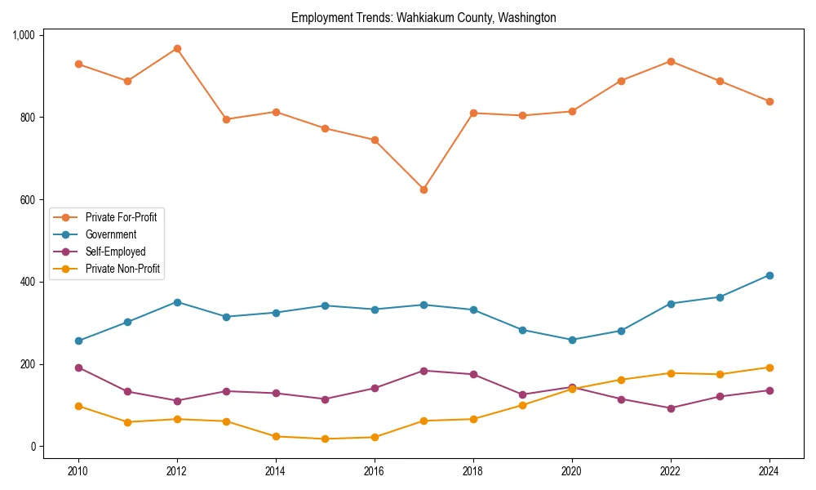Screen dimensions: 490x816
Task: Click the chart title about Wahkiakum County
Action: pos(424,17)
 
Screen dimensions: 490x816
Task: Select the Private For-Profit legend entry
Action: pos(121,217)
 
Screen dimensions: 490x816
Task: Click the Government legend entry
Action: pos(111,234)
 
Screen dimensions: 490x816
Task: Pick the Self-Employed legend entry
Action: pos(115,252)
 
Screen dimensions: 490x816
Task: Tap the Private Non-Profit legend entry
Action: pos(122,269)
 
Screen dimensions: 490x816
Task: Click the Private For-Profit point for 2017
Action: pos(424,189)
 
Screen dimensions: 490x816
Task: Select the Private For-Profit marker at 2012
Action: pos(177,49)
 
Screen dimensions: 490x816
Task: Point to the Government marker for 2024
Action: pos(769,275)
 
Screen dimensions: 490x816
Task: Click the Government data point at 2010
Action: pos(78,341)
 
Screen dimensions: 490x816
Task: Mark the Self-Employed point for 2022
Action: pos(671,408)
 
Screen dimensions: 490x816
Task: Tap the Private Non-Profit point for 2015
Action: pos(325,439)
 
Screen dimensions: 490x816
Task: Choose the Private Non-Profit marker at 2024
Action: pos(769,367)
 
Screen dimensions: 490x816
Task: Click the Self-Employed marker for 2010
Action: pos(78,367)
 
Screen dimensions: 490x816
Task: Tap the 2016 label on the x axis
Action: pos(375,471)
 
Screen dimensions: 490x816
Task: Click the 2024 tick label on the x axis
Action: pos(769,471)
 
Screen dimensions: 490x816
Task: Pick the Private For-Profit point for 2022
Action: pos(671,61)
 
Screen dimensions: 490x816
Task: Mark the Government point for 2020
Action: pos(572,340)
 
